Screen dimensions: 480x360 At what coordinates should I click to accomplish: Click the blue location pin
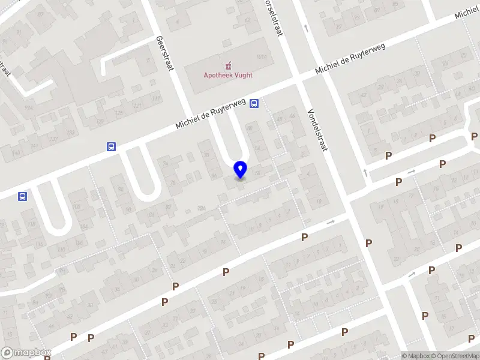tap(241, 170)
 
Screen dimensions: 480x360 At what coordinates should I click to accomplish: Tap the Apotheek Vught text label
tap(227, 75)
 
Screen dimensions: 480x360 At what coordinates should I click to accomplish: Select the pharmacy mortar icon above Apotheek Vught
tap(227, 64)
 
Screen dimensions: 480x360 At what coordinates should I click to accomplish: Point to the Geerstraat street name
tap(164, 52)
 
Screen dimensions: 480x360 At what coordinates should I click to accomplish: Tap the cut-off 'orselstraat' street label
tap(274, 18)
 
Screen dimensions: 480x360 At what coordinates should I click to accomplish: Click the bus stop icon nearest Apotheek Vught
tap(254, 103)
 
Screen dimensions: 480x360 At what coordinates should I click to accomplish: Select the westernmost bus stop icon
tap(22, 196)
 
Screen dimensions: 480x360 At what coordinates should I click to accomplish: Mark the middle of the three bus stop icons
tap(111, 146)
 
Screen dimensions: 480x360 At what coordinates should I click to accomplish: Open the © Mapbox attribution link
tap(415, 356)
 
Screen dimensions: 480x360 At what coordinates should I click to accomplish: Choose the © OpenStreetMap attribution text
tap(454, 356)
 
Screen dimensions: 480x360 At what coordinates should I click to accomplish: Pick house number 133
tap(70, 133)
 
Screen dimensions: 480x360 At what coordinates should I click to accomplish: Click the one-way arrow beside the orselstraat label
tap(305, 27)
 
